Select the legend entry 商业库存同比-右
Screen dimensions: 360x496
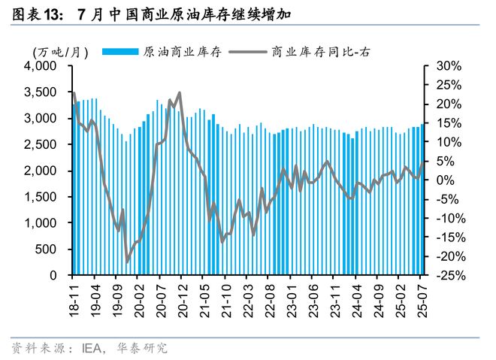pyautogui.click(x=320, y=51)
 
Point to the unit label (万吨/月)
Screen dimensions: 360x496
pyautogui.click(x=61, y=51)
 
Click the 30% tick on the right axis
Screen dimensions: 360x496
pyautogui.click(x=447, y=66)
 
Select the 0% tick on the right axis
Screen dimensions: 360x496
pyautogui.click(x=444, y=180)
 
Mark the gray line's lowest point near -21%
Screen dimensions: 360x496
pyautogui.click(x=127, y=261)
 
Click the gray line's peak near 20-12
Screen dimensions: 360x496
pyautogui.click(x=179, y=93)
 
